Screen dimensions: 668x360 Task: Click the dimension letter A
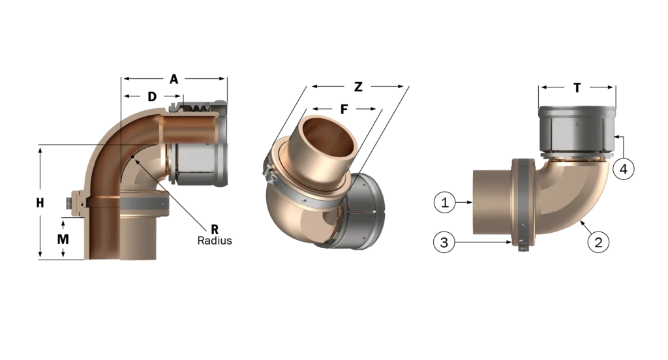174,80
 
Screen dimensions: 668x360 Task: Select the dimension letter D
152,97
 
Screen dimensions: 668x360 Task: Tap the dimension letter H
40,203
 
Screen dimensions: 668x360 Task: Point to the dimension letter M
63,239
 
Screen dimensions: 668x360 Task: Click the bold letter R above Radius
215,230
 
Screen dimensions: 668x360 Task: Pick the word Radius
215,241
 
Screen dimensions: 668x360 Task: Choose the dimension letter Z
358,87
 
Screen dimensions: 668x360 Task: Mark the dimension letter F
344,110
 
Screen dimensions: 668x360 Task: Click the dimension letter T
577,88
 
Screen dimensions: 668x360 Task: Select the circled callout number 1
445,202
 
